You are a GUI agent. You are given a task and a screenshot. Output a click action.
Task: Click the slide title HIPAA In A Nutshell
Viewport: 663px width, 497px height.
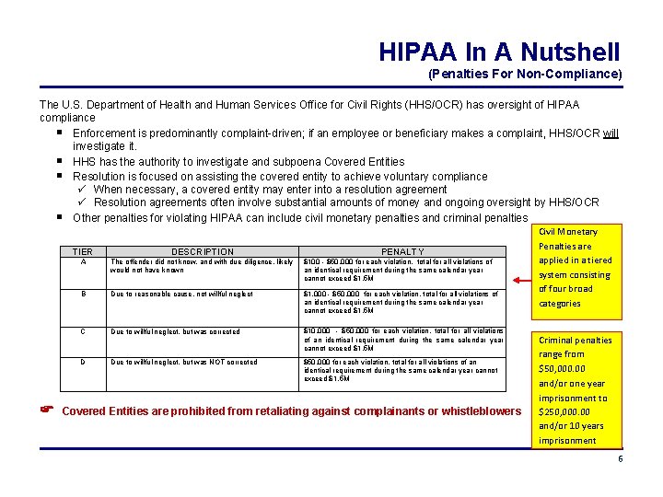pos(499,52)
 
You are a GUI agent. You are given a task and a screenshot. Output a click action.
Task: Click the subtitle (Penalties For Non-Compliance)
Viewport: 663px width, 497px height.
pos(525,74)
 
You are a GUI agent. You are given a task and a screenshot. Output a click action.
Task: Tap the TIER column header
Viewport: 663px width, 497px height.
pos(83,251)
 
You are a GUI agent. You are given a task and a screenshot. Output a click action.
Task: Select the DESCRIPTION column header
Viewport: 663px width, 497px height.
pos(203,251)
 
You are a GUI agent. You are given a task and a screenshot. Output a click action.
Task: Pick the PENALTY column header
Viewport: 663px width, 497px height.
pos(403,251)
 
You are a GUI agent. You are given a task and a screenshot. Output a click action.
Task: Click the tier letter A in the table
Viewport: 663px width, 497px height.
pos(83,262)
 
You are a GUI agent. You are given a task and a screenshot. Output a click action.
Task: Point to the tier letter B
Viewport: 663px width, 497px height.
pos(83,295)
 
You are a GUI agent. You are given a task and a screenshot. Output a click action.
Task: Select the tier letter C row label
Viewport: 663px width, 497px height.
pos(83,332)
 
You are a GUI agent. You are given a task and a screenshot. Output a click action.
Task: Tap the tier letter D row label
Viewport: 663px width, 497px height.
pos(83,363)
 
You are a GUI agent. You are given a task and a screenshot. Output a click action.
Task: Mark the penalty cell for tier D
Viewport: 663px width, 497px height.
pos(401,370)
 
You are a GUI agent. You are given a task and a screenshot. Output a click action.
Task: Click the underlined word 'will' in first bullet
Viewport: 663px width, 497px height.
pos(611,133)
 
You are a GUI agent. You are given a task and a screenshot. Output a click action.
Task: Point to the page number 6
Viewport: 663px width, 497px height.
pos(620,458)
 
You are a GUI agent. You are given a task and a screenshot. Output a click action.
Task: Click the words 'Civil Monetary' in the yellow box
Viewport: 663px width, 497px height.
pos(567,232)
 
